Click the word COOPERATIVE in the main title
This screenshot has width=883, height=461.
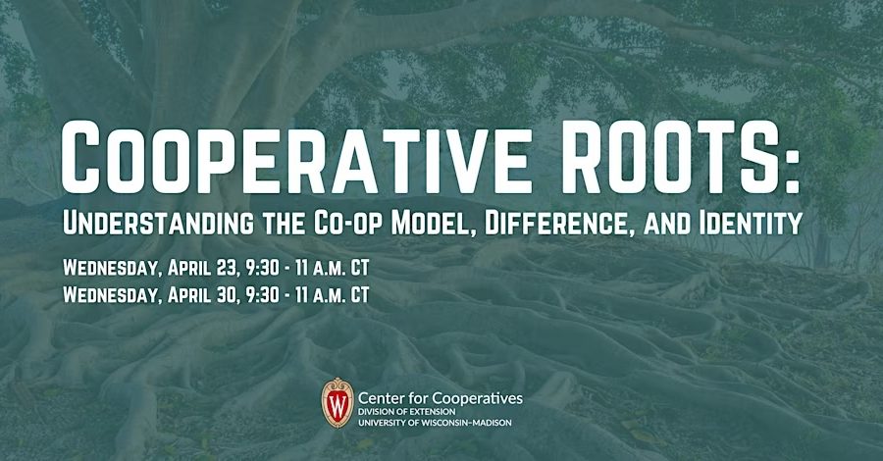click(296, 159)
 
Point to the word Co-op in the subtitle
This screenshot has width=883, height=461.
click(346, 224)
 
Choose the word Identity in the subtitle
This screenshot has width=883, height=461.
click(750, 223)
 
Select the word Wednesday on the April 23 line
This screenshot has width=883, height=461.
click(111, 269)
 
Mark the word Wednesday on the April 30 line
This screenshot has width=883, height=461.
click(111, 295)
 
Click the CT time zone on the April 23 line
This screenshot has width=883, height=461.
click(360, 268)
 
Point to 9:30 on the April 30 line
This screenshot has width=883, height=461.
click(262, 295)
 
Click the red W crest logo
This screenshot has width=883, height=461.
click(338, 402)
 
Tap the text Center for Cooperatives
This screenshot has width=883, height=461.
click(441, 398)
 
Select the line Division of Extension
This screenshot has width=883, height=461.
click(407, 412)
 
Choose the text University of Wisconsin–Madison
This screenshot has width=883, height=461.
click(436, 422)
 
